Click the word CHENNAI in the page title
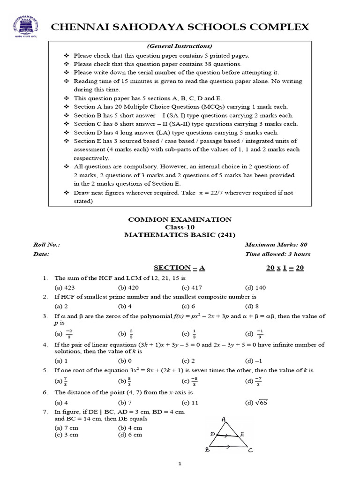point(79,27)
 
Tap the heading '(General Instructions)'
point(180,46)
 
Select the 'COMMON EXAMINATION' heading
point(180,219)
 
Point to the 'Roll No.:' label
point(46,245)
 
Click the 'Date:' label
point(41,255)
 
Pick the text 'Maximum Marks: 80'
point(276,245)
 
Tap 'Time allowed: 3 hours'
point(277,255)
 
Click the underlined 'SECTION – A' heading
point(180,268)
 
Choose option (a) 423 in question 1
point(65,287)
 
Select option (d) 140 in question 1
point(255,287)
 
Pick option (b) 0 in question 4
point(125,361)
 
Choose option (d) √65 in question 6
point(256,402)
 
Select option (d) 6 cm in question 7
point(130,435)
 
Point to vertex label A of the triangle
point(224,419)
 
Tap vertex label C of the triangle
point(251,450)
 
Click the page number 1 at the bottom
point(180,464)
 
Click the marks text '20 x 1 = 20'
point(285,268)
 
